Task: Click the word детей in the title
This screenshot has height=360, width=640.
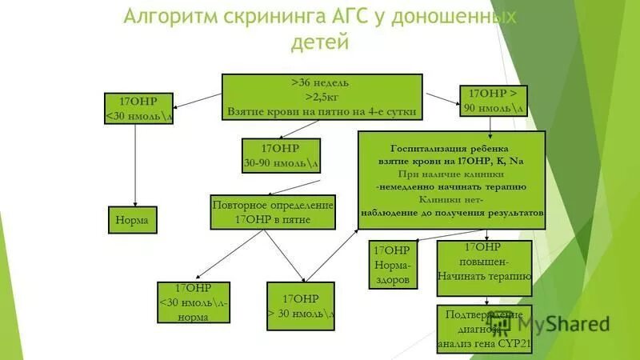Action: [x=320, y=42]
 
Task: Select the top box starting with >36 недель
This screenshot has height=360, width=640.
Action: [x=321, y=97]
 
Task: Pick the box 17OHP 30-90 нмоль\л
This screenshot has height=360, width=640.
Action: [x=281, y=155]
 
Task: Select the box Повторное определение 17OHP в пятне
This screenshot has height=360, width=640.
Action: [x=273, y=212]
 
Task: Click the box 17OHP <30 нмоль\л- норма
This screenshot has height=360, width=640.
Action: [x=193, y=302]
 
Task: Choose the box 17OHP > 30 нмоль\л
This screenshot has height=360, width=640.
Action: [x=300, y=306]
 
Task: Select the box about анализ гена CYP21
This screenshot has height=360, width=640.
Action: [x=484, y=328]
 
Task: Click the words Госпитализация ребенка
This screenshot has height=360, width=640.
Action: [x=450, y=148]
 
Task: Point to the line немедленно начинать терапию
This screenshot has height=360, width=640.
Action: [x=450, y=186]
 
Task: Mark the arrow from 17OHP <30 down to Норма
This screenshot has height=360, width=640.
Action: [x=134, y=164]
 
